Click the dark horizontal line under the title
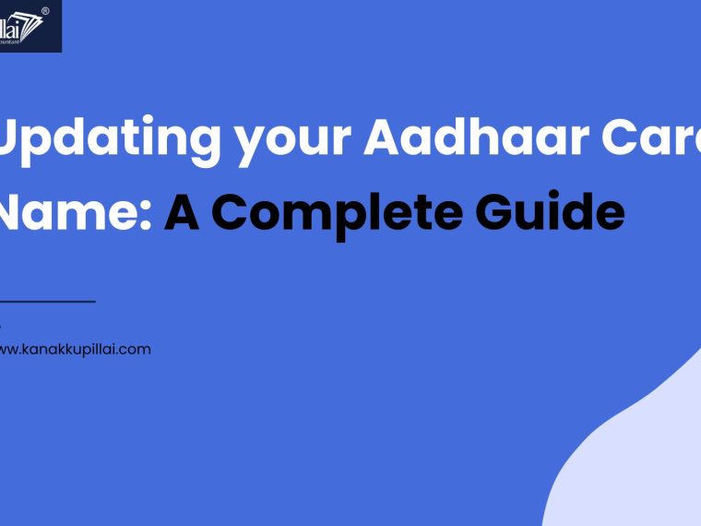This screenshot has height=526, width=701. coord(47,301)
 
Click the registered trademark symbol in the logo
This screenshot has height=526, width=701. coord(45,12)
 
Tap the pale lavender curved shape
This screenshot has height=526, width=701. coord(636,461)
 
